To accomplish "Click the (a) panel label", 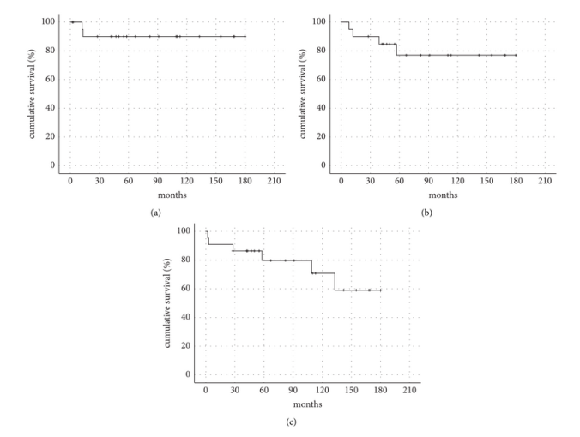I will pos(155,213).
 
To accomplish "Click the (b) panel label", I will pos(426,213).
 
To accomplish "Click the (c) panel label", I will pos(290,422).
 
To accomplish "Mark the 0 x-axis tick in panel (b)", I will pos(341,182).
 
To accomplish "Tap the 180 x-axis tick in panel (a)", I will pos(245,182).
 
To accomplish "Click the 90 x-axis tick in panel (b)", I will pos(420,182).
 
